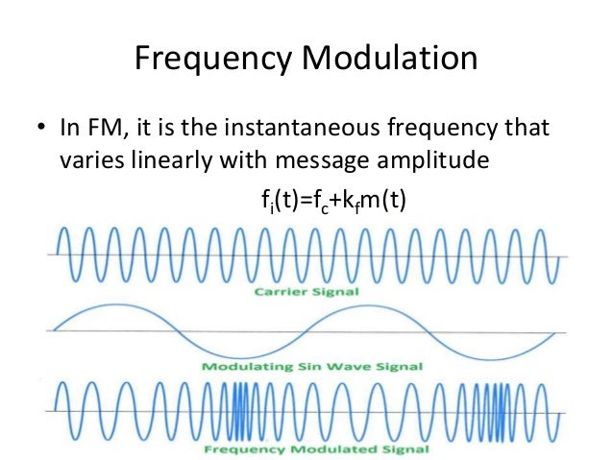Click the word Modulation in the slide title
coord(388,61)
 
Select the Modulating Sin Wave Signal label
coord(309,367)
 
